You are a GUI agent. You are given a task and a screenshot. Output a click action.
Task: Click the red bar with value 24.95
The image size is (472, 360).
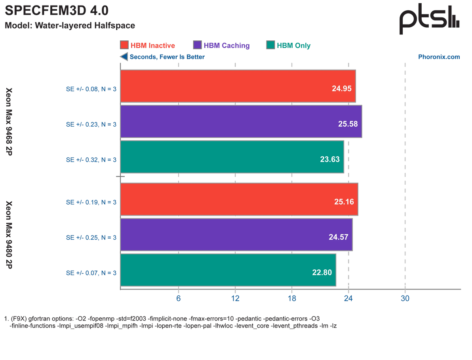(x=238, y=86)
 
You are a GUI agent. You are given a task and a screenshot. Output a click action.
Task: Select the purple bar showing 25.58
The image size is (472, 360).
(x=241, y=121)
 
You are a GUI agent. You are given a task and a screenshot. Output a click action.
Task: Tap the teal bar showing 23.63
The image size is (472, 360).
(x=232, y=157)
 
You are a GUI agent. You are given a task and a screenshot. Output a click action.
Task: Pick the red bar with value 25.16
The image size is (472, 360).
(x=239, y=199)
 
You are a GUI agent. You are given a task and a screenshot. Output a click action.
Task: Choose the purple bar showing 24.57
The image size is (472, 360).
(x=236, y=235)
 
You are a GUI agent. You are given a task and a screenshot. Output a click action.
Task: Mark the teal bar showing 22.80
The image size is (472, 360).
(x=228, y=270)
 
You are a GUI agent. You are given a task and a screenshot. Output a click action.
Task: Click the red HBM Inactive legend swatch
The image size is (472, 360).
(x=124, y=45)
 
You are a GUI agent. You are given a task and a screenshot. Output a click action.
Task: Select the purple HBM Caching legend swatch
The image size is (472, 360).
(x=197, y=45)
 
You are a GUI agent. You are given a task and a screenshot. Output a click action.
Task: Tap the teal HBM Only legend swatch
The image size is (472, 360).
(x=270, y=45)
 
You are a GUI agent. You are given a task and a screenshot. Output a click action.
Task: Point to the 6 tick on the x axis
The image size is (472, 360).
(x=178, y=298)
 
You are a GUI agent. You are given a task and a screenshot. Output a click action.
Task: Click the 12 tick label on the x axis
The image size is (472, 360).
(x=235, y=298)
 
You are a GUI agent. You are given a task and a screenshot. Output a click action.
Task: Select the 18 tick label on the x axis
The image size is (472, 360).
(x=292, y=298)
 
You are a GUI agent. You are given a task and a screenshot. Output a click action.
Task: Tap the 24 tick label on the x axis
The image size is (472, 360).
(x=348, y=298)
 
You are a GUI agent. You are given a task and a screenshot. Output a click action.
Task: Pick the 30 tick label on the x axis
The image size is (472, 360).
(x=405, y=298)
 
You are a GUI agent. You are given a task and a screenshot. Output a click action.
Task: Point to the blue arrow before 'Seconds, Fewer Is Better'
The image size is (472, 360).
(x=124, y=57)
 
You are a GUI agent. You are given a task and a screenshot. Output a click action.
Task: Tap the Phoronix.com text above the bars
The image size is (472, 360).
(x=440, y=57)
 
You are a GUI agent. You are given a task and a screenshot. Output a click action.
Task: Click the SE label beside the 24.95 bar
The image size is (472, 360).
(x=91, y=89)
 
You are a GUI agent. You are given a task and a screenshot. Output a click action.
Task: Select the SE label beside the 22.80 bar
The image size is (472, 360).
(x=91, y=273)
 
